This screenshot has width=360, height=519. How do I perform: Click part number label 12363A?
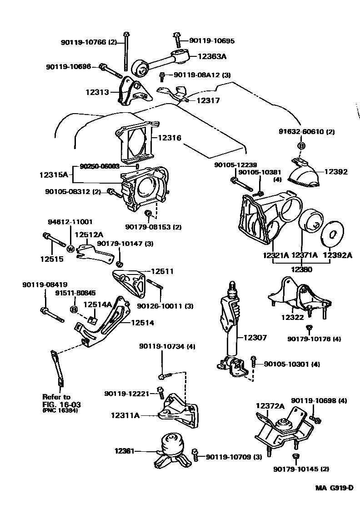coord(211,56)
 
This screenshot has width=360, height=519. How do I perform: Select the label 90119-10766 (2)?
coord(89,42)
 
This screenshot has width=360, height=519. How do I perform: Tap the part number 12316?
coord(170,137)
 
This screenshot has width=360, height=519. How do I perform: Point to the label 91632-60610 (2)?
coord(306,132)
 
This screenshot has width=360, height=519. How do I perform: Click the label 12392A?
coord(337,255)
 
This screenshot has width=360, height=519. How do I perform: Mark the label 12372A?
coord(270,406)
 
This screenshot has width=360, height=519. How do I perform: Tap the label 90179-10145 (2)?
coord(301,469)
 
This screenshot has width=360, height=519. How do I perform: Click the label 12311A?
coord(125,414)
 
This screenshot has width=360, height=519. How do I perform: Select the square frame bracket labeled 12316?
coord(135,140)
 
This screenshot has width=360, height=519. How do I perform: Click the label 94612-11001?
coord(70,222)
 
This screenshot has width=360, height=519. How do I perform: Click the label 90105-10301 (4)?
coord(292,364)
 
